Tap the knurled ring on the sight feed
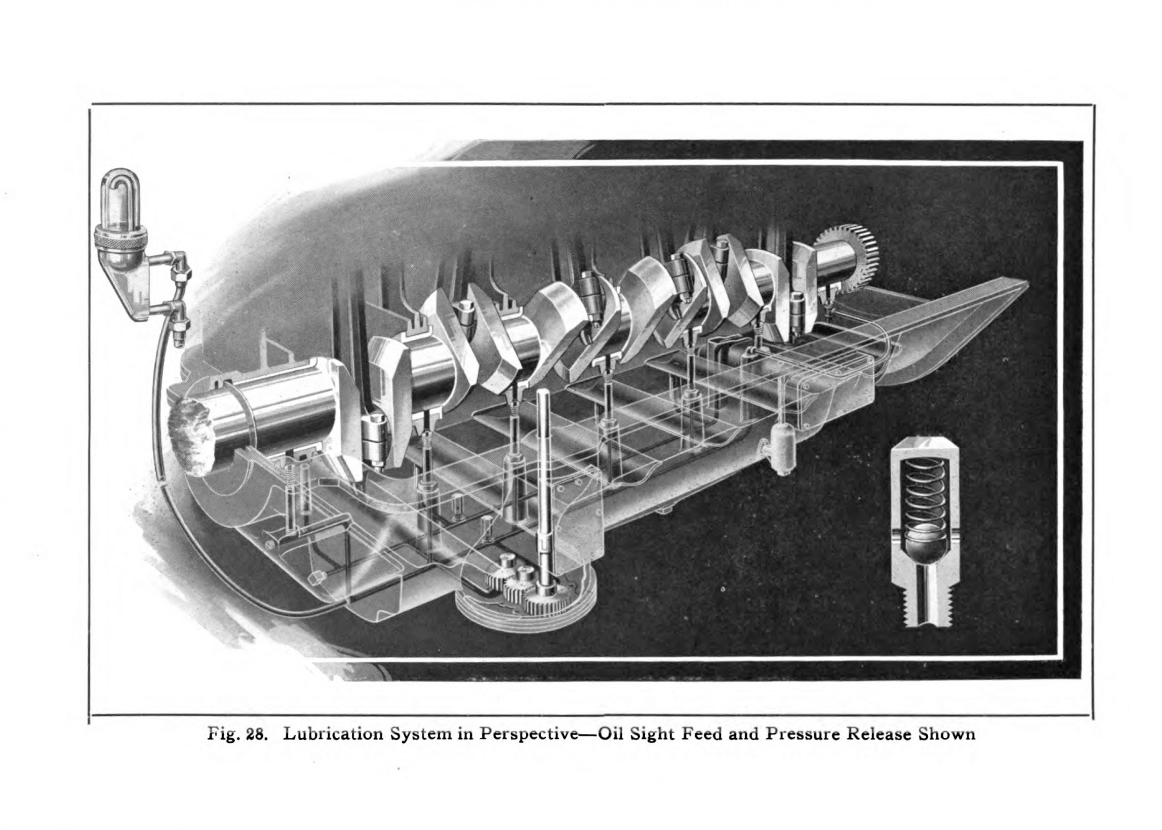coord(121,236)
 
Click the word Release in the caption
coord(879,734)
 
